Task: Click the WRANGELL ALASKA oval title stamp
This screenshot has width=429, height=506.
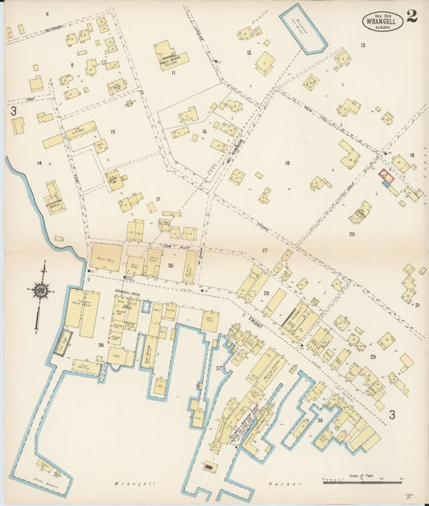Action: click(384, 20)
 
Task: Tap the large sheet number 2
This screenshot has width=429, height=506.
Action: click(412, 16)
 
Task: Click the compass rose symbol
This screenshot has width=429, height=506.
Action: click(40, 290)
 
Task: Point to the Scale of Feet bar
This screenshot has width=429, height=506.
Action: click(362, 482)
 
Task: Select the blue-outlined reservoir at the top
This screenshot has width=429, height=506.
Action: click(303, 28)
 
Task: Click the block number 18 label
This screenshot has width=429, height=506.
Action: click(287, 163)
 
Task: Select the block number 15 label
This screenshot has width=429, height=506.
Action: click(113, 132)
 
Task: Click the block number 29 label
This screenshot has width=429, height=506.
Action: click(372, 356)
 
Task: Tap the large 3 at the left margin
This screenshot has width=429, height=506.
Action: click(14, 110)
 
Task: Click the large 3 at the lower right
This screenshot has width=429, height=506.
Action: click(393, 415)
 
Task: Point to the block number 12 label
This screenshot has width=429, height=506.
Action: click(250, 53)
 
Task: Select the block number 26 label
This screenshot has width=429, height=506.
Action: click(170, 265)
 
